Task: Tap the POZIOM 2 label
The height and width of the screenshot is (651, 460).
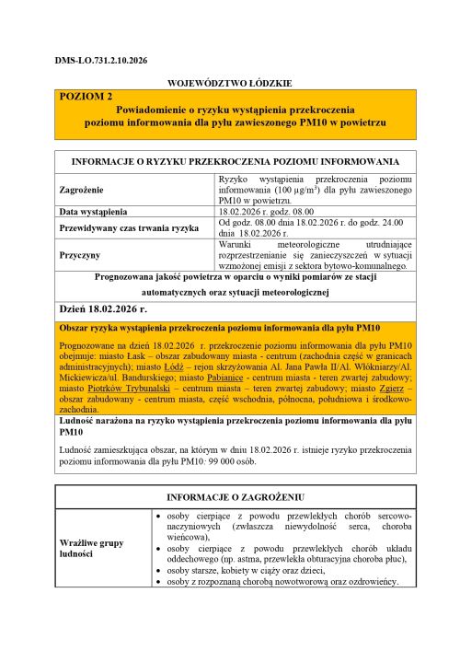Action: [x=86, y=96]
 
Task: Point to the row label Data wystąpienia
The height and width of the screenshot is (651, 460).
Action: [x=94, y=212]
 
